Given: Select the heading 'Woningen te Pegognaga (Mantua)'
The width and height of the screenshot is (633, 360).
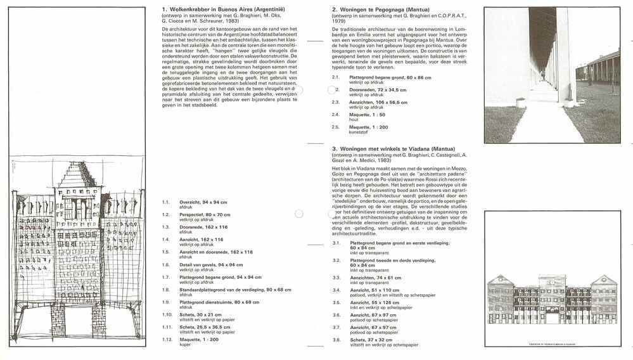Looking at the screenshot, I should point(380,10).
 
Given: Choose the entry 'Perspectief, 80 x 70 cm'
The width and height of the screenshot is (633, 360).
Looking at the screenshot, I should point(205,215).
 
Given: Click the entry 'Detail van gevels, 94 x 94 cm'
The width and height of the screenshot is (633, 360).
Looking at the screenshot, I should point(211,264).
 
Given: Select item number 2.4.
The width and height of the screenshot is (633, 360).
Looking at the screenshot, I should point(335,114).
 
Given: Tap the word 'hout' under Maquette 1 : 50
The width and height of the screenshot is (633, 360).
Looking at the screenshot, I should point(354,119).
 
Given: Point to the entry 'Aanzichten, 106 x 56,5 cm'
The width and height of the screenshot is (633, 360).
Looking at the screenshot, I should point(379,102).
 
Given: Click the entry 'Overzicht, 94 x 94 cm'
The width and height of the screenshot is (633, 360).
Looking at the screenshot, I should point(203,202).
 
